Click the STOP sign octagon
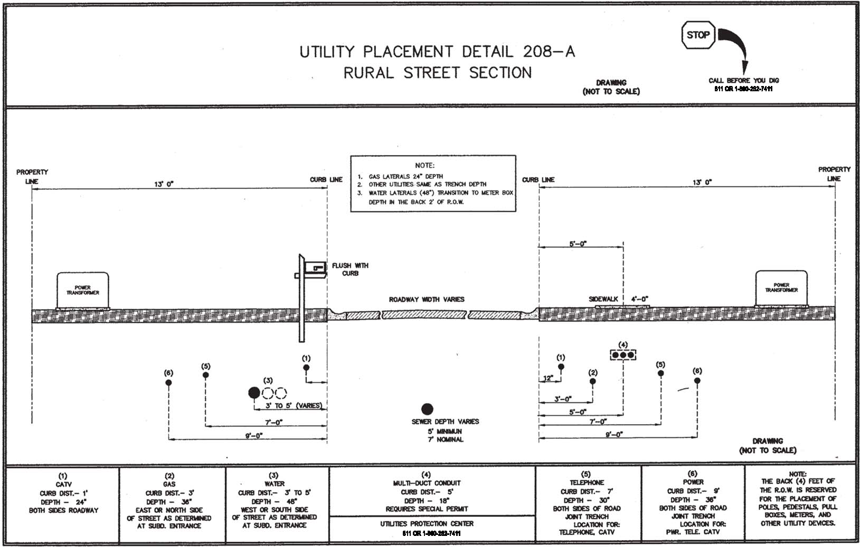coord(697,35)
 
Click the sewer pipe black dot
coord(427,409)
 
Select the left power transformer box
coord(83,290)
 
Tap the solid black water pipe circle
coord(254,392)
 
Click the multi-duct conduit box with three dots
coord(623,355)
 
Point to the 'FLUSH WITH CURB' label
coord(350,270)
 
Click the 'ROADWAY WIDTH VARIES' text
coord(427,300)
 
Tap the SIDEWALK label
coord(603,299)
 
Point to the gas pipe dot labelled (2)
coord(593,381)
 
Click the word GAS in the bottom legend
coord(169,484)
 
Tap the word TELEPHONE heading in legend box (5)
coord(587,483)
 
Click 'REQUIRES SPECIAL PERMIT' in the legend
coord(427,509)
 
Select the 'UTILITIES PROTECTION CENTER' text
coord(427,524)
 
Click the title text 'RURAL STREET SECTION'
coord(438,73)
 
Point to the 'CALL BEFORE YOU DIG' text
coord(743,81)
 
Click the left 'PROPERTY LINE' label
coord(32,177)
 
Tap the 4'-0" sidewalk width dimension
coord(640,299)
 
